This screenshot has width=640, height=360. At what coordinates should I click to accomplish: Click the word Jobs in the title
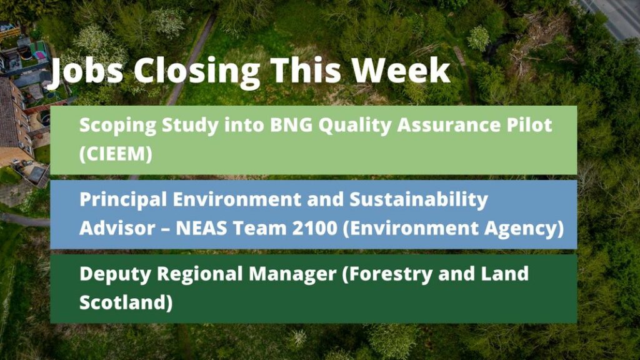[x=86, y=72]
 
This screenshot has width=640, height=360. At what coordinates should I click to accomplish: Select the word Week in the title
[x=401, y=71]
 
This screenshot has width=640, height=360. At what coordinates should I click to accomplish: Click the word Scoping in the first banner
[x=118, y=126]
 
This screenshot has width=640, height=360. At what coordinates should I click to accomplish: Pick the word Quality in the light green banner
[x=355, y=126]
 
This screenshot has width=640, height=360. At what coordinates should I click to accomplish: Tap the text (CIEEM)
[x=116, y=154]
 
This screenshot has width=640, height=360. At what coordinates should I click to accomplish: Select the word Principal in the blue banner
[x=123, y=200]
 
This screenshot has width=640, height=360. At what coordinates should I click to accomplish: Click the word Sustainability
[x=419, y=200]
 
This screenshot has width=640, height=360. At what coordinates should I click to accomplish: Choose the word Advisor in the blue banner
[x=117, y=228]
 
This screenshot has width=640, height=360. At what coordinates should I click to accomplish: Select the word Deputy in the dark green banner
[x=116, y=274]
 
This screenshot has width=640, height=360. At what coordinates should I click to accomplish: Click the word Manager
[x=292, y=274]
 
